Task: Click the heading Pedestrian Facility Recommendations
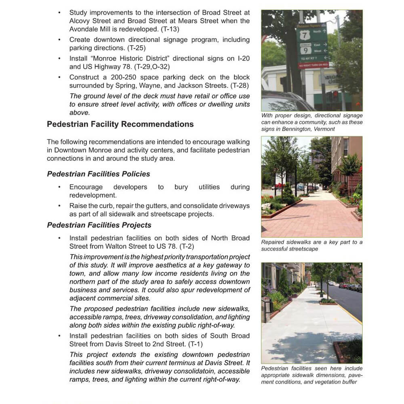click(120, 124)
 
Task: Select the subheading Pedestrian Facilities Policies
click(99, 174)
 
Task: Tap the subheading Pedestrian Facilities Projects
click(99, 225)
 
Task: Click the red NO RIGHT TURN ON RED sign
click(313, 65)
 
